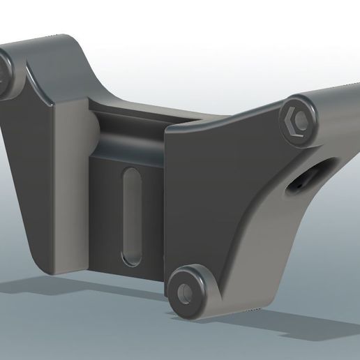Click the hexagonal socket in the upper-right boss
coord(295,123)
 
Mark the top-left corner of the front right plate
coord(167,130)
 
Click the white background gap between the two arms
coord(174,56)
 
